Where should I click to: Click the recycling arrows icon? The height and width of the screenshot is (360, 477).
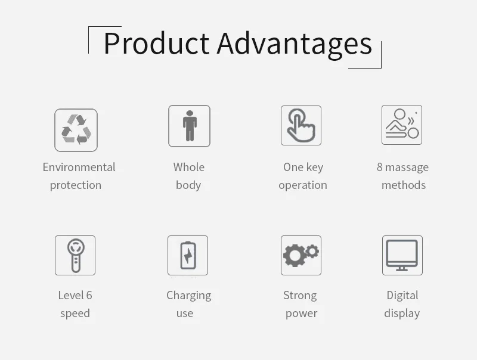pyautogui.click(x=76, y=129)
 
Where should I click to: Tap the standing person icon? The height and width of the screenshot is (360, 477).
pyautogui.click(x=190, y=126)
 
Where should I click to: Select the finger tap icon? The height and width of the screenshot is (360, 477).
pyautogui.click(x=301, y=125)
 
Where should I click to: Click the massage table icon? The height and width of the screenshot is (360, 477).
pyautogui.click(x=402, y=124)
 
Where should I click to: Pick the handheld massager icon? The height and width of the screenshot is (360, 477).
pyautogui.click(x=76, y=256)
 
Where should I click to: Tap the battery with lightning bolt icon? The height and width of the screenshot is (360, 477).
pyautogui.click(x=188, y=256)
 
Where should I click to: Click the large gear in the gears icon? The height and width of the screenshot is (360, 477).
pyautogui.click(x=295, y=256)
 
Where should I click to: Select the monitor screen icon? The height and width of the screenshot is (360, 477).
pyautogui.click(x=402, y=255)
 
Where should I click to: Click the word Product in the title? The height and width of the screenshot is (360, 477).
pyautogui.click(x=156, y=44)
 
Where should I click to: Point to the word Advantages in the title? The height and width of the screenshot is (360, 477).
pyautogui.click(x=295, y=46)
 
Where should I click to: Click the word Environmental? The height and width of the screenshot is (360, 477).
pyautogui.click(x=79, y=167)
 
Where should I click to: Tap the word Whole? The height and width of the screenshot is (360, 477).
pyautogui.click(x=189, y=167)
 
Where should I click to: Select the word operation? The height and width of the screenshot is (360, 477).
pyautogui.click(x=303, y=185)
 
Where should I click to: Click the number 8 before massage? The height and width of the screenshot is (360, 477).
pyautogui.click(x=379, y=167)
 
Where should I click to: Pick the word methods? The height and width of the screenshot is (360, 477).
pyautogui.click(x=404, y=185)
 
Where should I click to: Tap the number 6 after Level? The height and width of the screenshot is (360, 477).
pyautogui.click(x=89, y=295)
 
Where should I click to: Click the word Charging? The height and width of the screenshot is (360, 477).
pyautogui.click(x=188, y=296)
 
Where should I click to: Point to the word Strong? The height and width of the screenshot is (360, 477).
pyautogui.click(x=300, y=296)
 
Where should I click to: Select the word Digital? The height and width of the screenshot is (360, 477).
pyautogui.click(x=402, y=296)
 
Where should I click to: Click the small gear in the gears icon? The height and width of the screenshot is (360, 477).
pyautogui.click(x=312, y=252)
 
